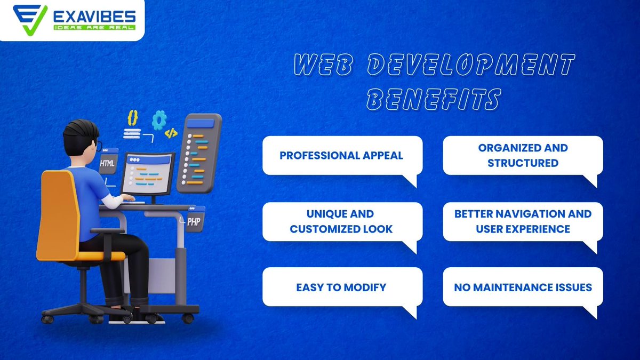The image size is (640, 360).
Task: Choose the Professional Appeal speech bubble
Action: click(342, 155)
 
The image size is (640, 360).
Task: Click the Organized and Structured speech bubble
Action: click(523, 155)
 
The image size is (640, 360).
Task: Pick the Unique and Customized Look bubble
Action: click(342, 221)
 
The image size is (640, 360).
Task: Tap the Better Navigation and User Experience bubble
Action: click(523, 221)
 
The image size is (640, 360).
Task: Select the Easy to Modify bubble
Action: click(342, 287)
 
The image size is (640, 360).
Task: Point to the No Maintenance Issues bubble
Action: click(523, 287)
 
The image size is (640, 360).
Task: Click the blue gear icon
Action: click(159, 120)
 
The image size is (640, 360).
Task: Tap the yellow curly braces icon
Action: click(133, 117)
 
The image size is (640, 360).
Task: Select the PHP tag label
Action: click(194, 221)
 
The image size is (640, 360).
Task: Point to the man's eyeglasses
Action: click(99, 144)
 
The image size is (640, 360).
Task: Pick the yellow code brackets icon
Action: click(171, 133)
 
